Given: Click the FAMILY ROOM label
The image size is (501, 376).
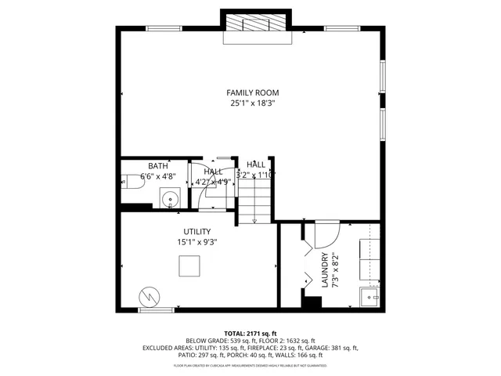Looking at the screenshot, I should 252,92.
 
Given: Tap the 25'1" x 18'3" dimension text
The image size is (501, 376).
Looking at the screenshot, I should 252,103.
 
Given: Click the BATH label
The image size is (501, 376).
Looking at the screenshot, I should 158,166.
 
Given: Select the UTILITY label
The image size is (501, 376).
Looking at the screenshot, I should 196,232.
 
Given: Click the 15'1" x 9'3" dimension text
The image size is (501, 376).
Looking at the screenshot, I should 196,242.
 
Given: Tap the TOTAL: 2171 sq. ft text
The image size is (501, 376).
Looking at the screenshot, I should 250,333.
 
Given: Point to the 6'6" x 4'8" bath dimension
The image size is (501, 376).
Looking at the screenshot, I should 158,177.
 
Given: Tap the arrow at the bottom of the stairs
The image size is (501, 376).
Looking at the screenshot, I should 254,220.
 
